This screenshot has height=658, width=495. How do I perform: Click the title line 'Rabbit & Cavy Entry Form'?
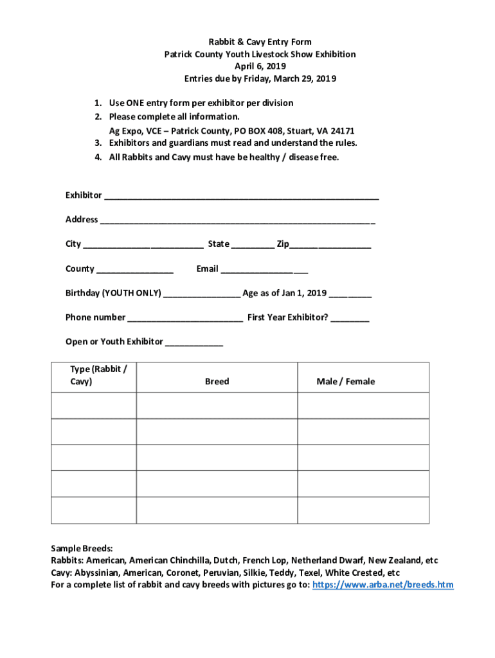click(260, 42)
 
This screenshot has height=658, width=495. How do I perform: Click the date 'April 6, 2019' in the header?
click(260, 66)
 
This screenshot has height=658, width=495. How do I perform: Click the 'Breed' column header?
click(217, 382)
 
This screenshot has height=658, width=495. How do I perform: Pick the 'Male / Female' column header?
click(345, 382)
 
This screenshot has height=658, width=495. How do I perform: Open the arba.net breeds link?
click(382, 585)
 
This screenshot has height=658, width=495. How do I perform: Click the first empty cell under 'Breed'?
click(217, 405)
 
